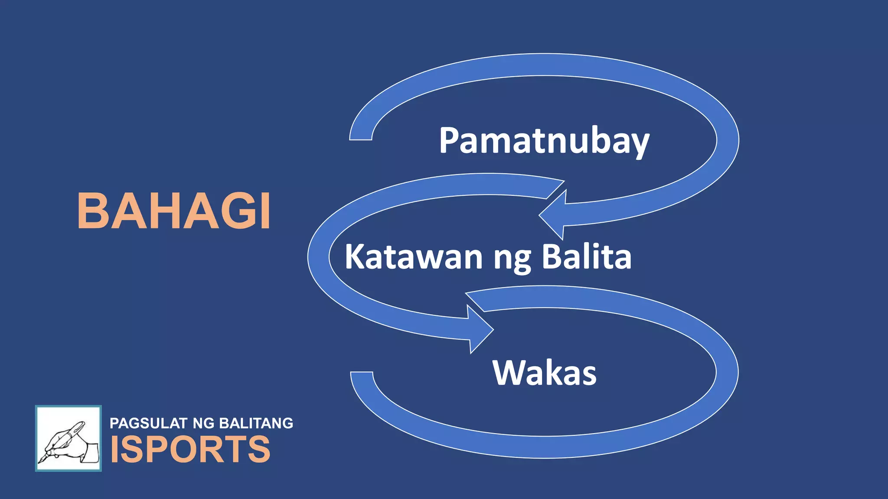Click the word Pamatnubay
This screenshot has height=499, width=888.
[x=544, y=141]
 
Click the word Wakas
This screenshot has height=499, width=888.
[x=544, y=373]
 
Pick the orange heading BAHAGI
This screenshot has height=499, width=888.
[x=174, y=211]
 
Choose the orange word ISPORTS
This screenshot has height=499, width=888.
[x=190, y=449]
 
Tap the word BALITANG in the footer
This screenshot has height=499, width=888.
[x=256, y=423]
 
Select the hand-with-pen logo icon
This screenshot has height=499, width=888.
[x=69, y=438]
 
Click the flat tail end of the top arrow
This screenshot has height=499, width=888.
[x=361, y=137]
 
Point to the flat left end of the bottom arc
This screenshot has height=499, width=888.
[x=362, y=374]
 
